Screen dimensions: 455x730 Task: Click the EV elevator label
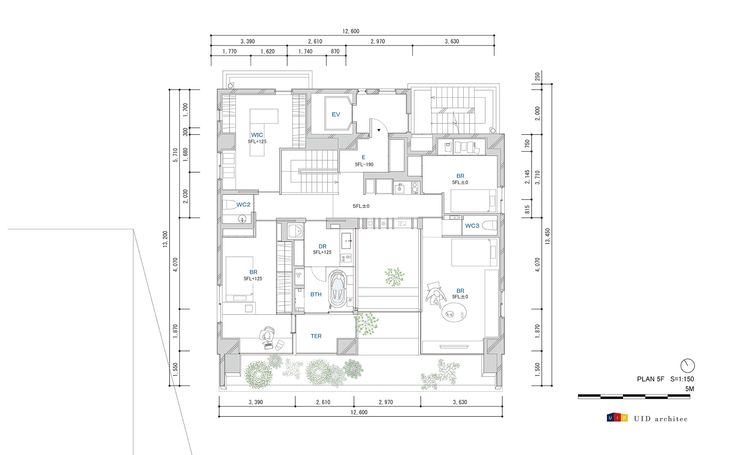tap(336, 114)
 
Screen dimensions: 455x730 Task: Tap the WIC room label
tap(257, 135)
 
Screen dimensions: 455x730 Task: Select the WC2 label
tap(243, 205)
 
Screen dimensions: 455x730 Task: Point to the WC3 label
tap(472, 226)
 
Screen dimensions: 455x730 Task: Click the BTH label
tap(316, 294)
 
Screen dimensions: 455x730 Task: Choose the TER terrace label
tap(316, 336)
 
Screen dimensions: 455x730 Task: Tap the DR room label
tap(322, 246)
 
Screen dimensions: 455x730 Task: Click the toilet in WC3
tap(489, 225)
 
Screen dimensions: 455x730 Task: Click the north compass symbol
tap(687, 366)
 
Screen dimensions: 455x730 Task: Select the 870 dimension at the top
tap(335, 51)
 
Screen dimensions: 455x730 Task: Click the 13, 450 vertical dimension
tap(547, 236)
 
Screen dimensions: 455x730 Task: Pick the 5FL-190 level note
tap(364, 165)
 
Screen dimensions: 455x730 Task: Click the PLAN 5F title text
tap(650, 379)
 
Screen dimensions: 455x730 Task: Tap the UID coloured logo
tap(617, 418)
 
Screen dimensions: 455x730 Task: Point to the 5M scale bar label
tap(689, 389)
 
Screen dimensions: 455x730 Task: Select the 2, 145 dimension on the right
tap(527, 177)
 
